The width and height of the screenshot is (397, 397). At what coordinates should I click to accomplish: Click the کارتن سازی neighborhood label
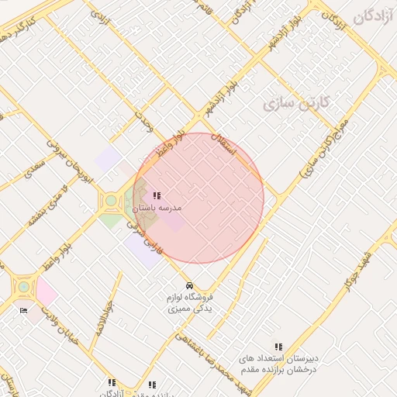pyautogui.click(x=297, y=102)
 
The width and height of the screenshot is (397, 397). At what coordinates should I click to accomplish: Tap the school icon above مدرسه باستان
pyautogui.click(x=157, y=196)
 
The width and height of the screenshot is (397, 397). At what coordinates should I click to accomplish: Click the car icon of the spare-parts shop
pyautogui.click(x=190, y=285)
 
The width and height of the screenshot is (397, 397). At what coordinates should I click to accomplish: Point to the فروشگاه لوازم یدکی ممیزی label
pyautogui.click(x=192, y=302)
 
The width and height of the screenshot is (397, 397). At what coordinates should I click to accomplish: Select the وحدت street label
pyautogui.click(x=143, y=122)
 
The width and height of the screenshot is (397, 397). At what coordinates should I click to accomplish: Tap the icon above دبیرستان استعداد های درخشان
pyautogui.click(x=278, y=347)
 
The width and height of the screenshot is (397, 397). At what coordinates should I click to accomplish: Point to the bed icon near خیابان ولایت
pyautogui.click(x=22, y=310)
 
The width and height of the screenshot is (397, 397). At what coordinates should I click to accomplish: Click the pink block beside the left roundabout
pyautogui.click(x=46, y=292)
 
